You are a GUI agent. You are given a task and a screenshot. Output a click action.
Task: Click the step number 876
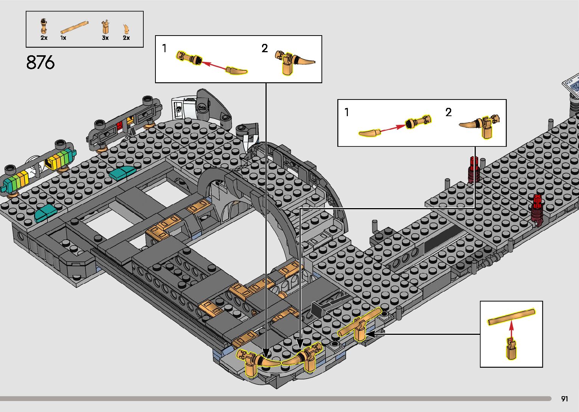tap(40, 63)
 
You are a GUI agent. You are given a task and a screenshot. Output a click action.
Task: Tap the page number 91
tap(565, 399)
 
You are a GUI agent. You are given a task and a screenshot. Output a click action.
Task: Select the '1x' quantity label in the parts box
tap(63, 38)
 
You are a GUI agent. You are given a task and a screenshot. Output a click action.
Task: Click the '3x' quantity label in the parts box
tap(105, 38)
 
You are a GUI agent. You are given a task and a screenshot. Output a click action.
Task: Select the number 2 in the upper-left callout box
tap(265, 48)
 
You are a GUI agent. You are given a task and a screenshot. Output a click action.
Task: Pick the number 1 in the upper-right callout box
tap(347, 112)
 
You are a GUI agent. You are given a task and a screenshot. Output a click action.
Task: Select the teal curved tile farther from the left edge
tap(122, 173)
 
